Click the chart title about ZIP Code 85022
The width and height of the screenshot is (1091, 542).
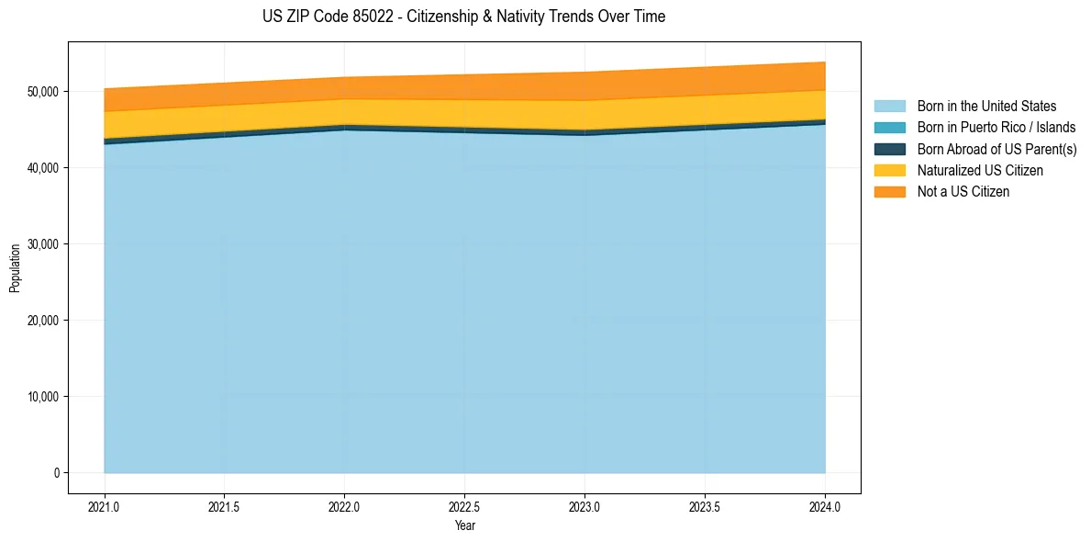click(x=463, y=17)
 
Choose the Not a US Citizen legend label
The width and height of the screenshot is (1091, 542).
click(x=963, y=192)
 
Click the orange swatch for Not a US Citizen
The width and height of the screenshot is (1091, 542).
click(x=889, y=192)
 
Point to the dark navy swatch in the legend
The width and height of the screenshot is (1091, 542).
click(x=889, y=149)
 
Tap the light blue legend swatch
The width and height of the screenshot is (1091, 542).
click(x=889, y=107)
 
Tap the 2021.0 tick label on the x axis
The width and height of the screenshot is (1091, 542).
click(x=105, y=506)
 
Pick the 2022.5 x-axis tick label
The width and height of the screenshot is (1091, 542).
click(x=464, y=506)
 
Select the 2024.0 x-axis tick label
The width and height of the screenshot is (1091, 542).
click(x=825, y=506)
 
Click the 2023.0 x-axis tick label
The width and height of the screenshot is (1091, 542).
click(x=584, y=506)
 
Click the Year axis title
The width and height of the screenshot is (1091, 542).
click(x=464, y=525)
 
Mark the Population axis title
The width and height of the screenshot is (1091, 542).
click(x=15, y=267)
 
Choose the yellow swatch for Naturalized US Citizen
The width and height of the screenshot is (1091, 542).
click(x=889, y=171)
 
